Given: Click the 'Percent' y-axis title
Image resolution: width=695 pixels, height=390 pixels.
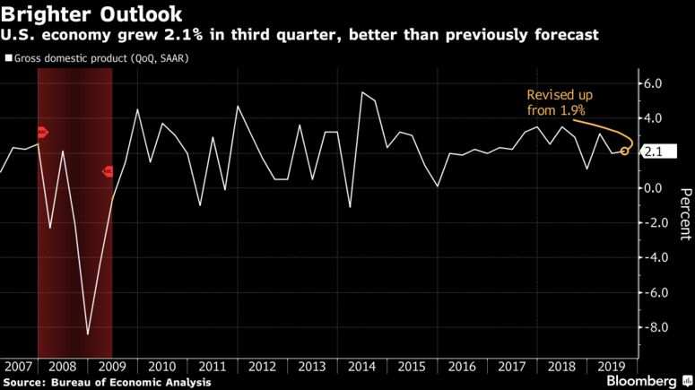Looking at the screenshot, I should [685, 212].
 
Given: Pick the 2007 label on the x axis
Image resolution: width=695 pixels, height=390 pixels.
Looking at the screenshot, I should [18, 367].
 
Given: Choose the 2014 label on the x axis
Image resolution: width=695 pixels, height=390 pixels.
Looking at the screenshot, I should [362, 367].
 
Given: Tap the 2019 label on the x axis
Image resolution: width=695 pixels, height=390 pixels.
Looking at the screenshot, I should [609, 367].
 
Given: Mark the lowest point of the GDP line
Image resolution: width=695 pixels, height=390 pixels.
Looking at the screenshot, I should [88, 334].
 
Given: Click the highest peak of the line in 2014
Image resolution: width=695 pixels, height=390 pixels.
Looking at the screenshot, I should [362, 92].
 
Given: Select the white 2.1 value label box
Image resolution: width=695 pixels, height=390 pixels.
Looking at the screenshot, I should [653, 152].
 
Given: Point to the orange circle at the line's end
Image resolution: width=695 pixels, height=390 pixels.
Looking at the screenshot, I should [624, 152].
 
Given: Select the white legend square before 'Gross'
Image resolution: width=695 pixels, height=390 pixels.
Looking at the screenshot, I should [8, 58].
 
